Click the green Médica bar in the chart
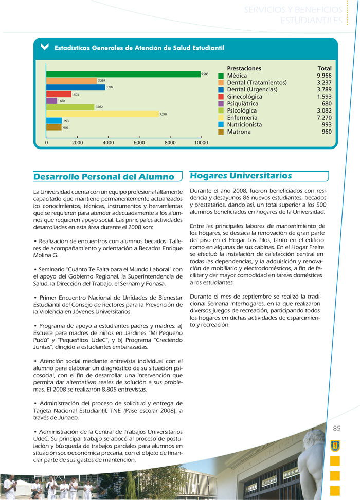123,74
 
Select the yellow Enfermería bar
103,114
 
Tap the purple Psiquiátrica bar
51,101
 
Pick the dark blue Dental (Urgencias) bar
75,87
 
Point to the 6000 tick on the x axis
139,143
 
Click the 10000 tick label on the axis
201,143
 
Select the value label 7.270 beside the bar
163,114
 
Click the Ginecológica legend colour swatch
221,97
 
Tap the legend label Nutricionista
244,124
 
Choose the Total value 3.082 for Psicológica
324,110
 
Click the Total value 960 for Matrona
326,132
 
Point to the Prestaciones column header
244,68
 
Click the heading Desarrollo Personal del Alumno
103,177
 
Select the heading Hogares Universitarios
241,176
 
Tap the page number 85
337,429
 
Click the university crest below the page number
335,445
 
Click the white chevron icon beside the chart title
44,47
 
